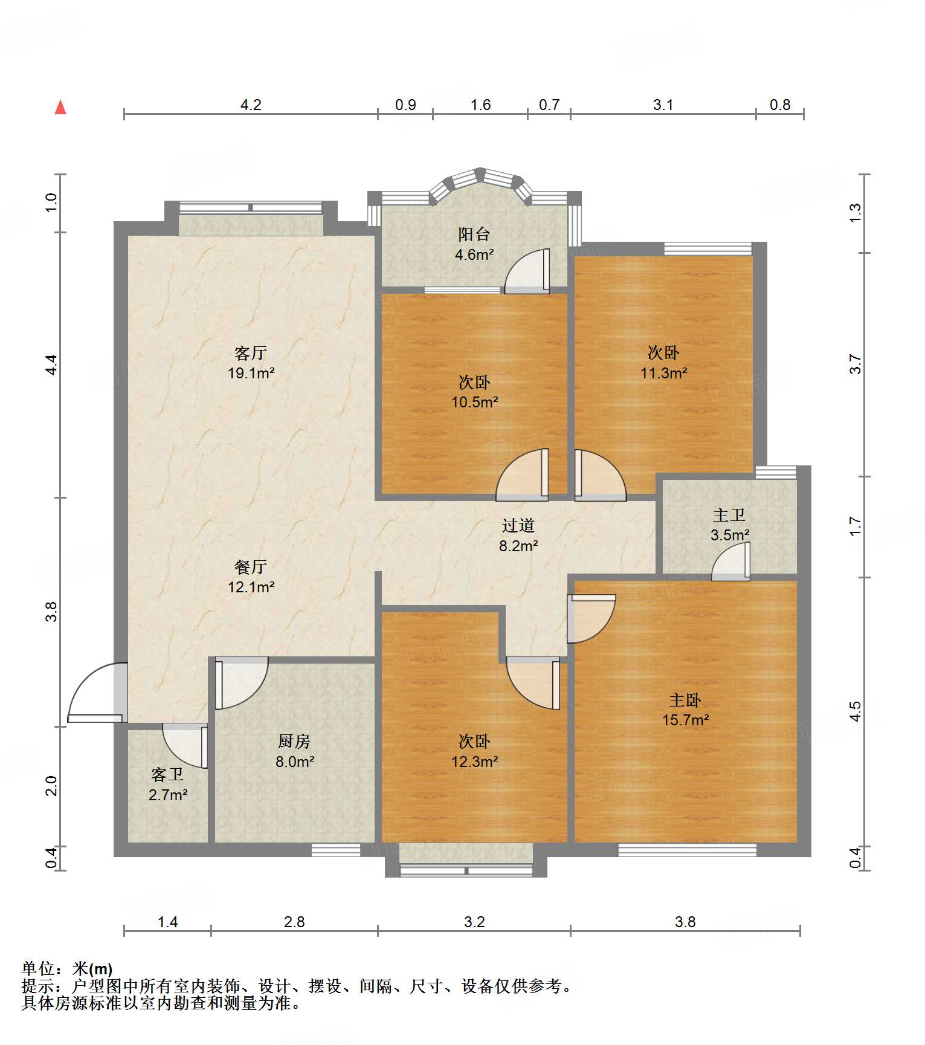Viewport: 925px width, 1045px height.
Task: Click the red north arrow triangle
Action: pyautogui.click(x=60, y=107)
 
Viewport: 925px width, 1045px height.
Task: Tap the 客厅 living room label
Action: pyautogui.click(x=251, y=352)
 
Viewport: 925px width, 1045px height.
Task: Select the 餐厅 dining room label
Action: pyautogui.click(x=251, y=566)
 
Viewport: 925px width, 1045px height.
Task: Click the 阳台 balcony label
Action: pyautogui.click(x=474, y=234)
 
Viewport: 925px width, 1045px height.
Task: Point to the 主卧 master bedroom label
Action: pyautogui.click(x=685, y=700)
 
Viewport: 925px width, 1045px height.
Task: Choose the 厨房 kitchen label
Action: pyautogui.click(x=294, y=741)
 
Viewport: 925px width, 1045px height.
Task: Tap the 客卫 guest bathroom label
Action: pyautogui.click(x=167, y=774)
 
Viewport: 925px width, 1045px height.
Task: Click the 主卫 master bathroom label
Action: pyautogui.click(x=729, y=515)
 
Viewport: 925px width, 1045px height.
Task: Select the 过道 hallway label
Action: pyautogui.click(x=518, y=525)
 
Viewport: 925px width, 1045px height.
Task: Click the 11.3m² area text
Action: pyautogui.click(x=664, y=373)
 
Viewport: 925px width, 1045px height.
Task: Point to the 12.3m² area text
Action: pyautogui.click(x=475, y=762)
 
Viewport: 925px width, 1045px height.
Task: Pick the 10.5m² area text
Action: pyautogui.click(x=475, y=402)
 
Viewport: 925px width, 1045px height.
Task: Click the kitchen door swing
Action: pyautogui.click(x=241, y=683)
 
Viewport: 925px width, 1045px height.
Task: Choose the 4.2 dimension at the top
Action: pyautogui.click(x=251, y=105)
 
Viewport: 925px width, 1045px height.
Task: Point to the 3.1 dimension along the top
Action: pyautogui.click(x=663, y=105)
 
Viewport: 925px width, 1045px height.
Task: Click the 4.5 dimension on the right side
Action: pyautogui.click(x=855, y=711)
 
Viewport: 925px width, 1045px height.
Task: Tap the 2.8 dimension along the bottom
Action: pyautogui.click(x=294, y=922)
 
